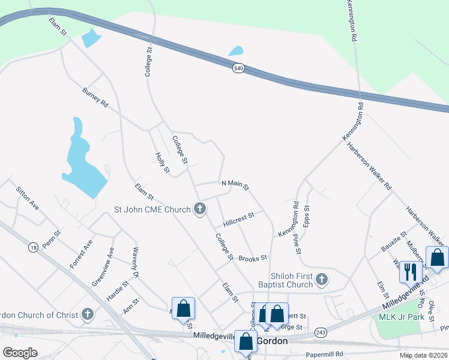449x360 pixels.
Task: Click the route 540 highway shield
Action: [239, 68]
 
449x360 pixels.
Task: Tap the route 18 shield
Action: [33, 247]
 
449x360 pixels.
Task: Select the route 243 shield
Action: [321, 332]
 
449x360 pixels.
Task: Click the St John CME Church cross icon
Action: [200, 209]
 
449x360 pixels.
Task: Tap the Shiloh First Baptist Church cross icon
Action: [322, 279]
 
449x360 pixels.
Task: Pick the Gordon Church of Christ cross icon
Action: [88, 314]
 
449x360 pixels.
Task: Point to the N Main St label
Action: [235, 185]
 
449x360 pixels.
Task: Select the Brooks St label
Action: [252, 258]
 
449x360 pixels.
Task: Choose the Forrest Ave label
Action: [80, 254]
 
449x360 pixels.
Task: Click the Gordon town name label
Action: [273, 341]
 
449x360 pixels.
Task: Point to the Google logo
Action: [20, 353]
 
